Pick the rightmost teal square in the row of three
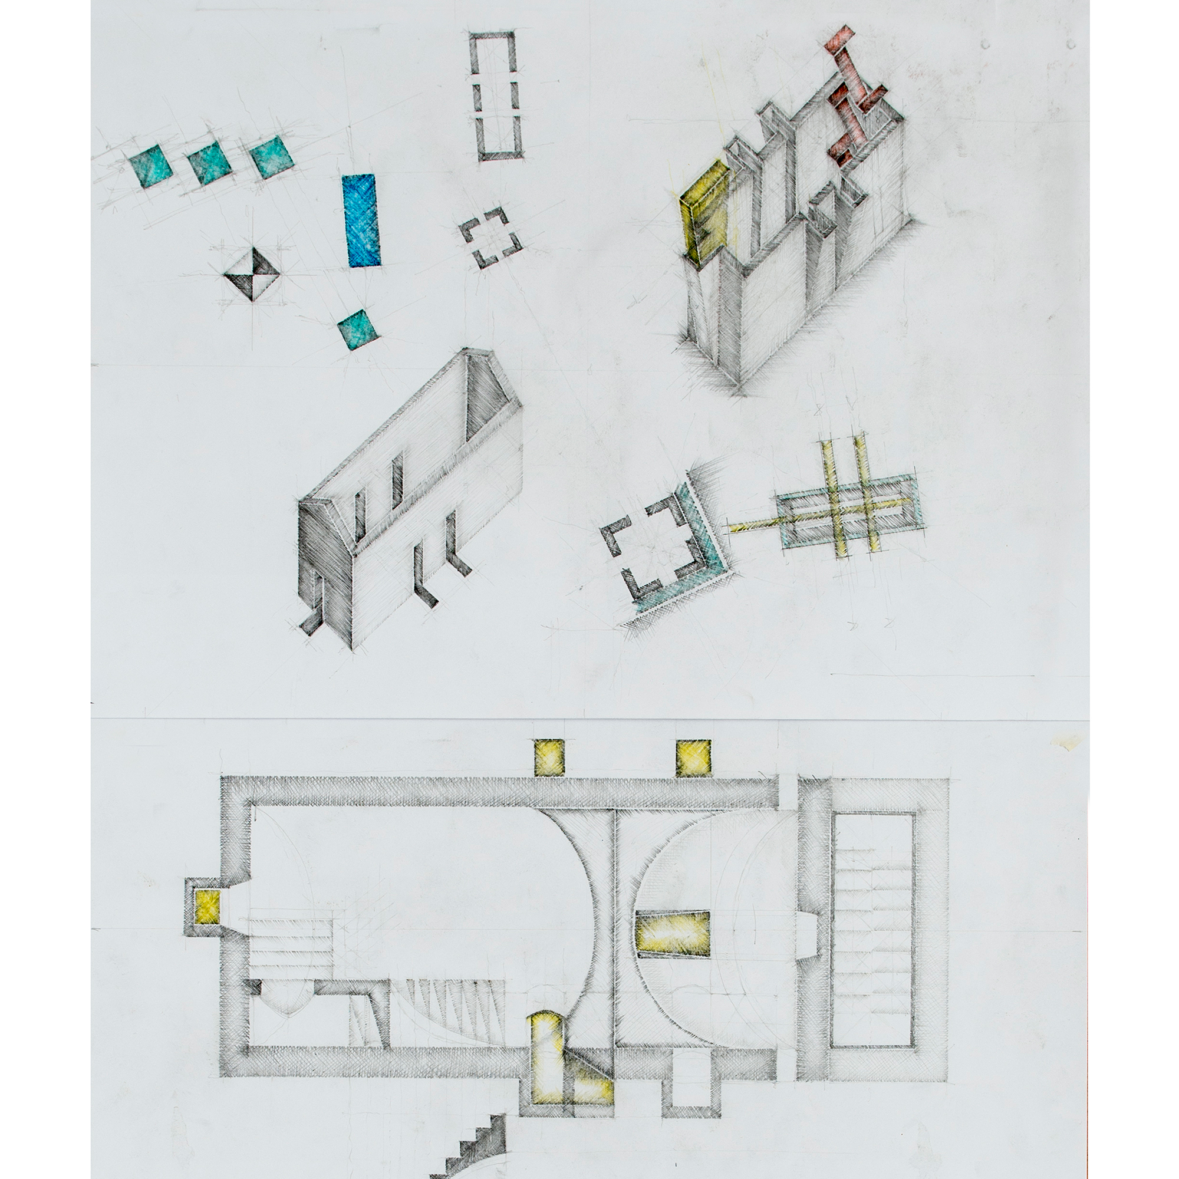click(x=272, y=158)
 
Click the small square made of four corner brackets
click(x=490, y=238)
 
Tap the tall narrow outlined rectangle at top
click(x=496, y=96)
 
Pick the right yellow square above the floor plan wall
click(x=693, y=758)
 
